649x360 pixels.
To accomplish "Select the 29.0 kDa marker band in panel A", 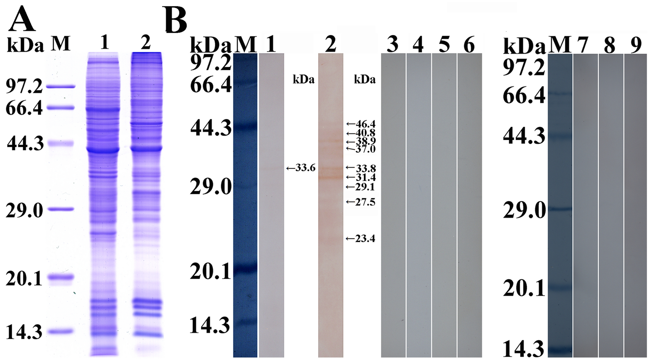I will point(60,209).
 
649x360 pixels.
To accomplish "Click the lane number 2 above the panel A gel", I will point(145,43).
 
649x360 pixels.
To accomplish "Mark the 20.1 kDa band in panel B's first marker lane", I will point(245,269).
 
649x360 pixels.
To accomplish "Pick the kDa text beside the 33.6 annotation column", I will point(303,80).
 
